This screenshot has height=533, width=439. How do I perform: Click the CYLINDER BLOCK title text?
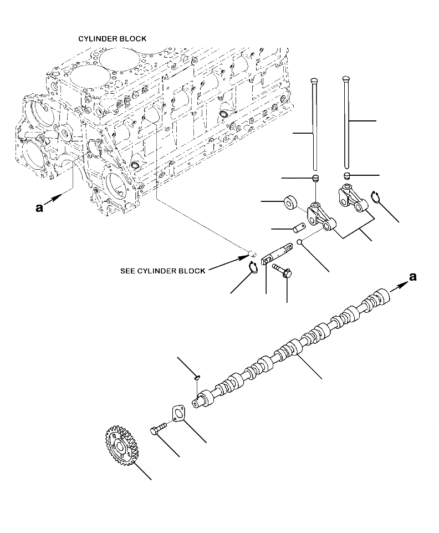112,39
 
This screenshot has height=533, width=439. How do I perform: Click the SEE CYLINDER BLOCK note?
162,271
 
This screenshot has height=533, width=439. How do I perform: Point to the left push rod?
314,125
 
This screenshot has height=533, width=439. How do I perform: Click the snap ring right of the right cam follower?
377,197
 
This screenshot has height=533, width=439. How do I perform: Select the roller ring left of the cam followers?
290,202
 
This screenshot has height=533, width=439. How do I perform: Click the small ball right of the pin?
299,242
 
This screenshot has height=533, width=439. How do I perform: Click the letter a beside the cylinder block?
39,208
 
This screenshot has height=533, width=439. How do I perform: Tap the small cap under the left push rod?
315,178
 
